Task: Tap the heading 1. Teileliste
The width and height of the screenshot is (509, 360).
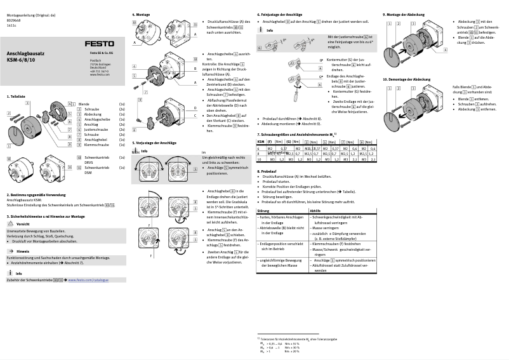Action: (x=16, y=96)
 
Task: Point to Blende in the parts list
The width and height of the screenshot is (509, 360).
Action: (x=83, y=103)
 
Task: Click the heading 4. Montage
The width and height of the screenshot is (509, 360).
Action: (x=141, y=14)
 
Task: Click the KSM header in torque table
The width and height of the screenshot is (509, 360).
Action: (x=260, y=142)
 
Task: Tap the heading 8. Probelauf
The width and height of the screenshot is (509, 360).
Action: (x=267, y=171)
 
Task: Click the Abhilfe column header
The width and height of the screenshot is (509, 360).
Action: (x=315, y=210)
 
